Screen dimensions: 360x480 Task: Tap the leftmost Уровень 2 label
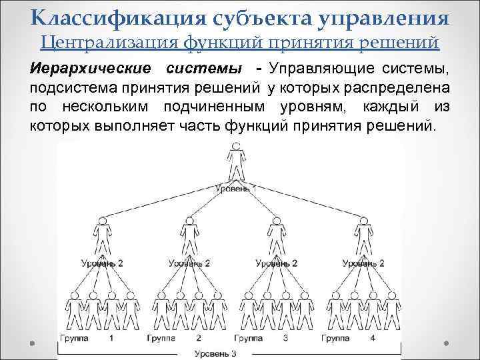(103, 263)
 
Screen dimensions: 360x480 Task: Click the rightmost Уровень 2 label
(363, 263)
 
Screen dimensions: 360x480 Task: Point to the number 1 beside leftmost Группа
(111, 338)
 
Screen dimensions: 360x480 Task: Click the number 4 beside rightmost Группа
(373, 338)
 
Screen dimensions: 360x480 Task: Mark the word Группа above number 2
(162, 338)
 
